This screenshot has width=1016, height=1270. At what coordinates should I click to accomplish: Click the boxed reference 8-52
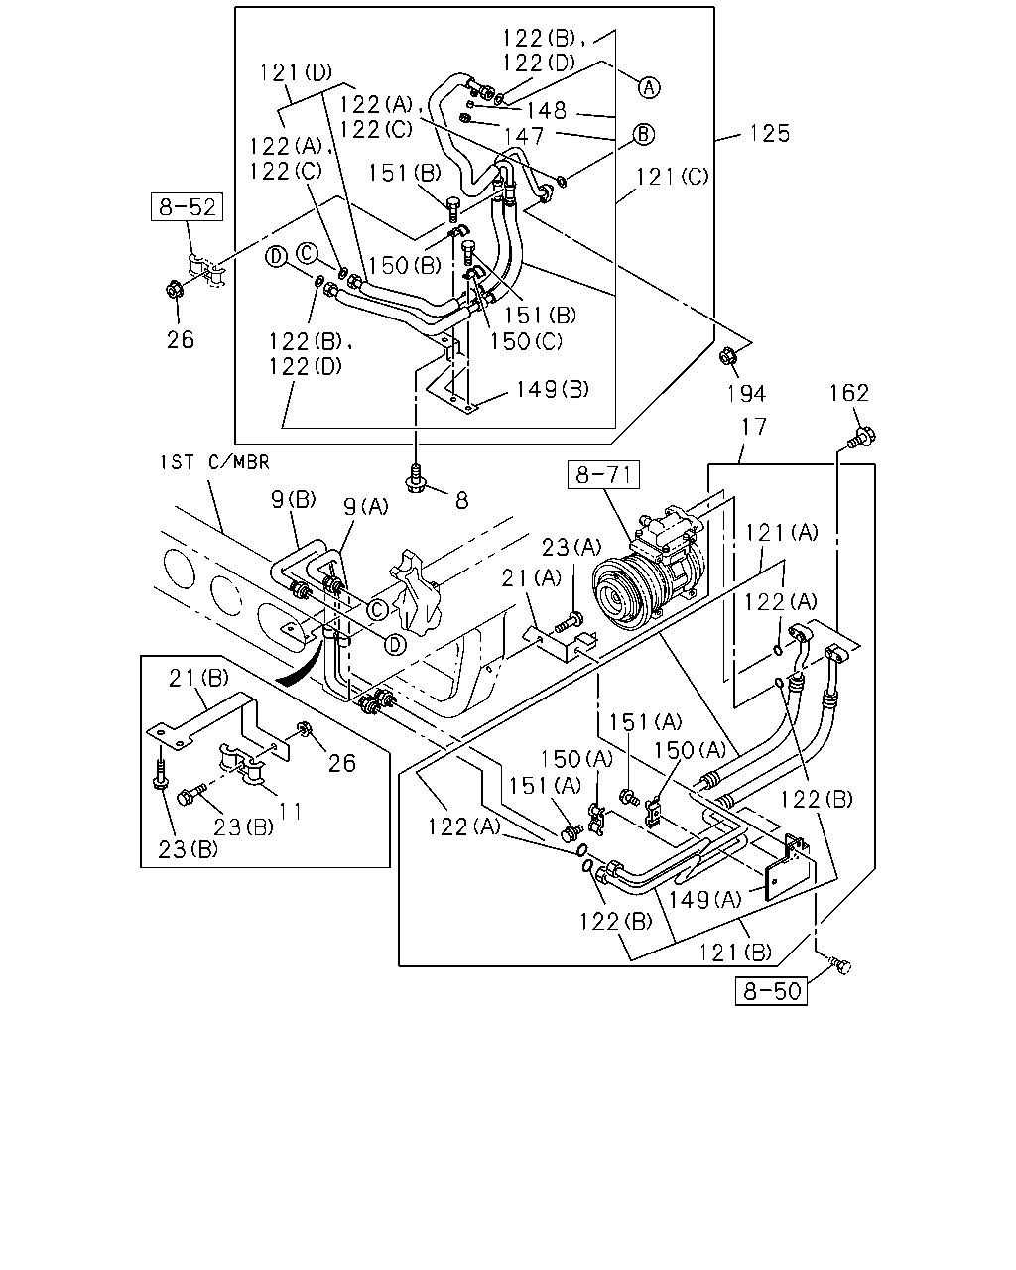coord(187,206)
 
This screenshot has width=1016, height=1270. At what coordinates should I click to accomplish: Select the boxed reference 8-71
coord(603,474)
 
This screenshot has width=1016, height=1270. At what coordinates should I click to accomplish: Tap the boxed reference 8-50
coord(771,991)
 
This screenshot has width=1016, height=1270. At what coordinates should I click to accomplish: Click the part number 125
coord(770,133)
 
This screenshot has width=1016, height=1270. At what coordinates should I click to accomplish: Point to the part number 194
coord(746,393)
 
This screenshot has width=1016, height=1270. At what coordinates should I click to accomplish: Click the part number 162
coord(849,393)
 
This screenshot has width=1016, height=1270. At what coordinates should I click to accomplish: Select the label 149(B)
coord(553,389)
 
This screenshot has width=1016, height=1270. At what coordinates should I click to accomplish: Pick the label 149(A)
coord(704,899)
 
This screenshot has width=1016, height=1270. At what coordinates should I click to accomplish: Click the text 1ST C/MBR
coord(215,462)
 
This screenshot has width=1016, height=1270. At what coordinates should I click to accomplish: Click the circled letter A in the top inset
coord(649,88)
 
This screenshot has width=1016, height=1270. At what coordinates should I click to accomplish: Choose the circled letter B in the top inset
coord(644,135)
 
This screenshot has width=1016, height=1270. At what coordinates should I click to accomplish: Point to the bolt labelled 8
coord(417,479)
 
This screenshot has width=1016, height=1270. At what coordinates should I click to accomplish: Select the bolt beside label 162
coord(862,438)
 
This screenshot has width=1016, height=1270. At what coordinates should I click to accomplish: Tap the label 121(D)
coord(297,72)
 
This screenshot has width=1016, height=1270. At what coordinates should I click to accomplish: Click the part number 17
coord(754,426)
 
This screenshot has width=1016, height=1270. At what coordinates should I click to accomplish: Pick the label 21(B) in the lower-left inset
coord(198,678)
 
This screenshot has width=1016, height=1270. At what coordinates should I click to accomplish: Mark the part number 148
coord(546,110)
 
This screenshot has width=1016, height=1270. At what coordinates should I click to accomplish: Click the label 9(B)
coord(294,499)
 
